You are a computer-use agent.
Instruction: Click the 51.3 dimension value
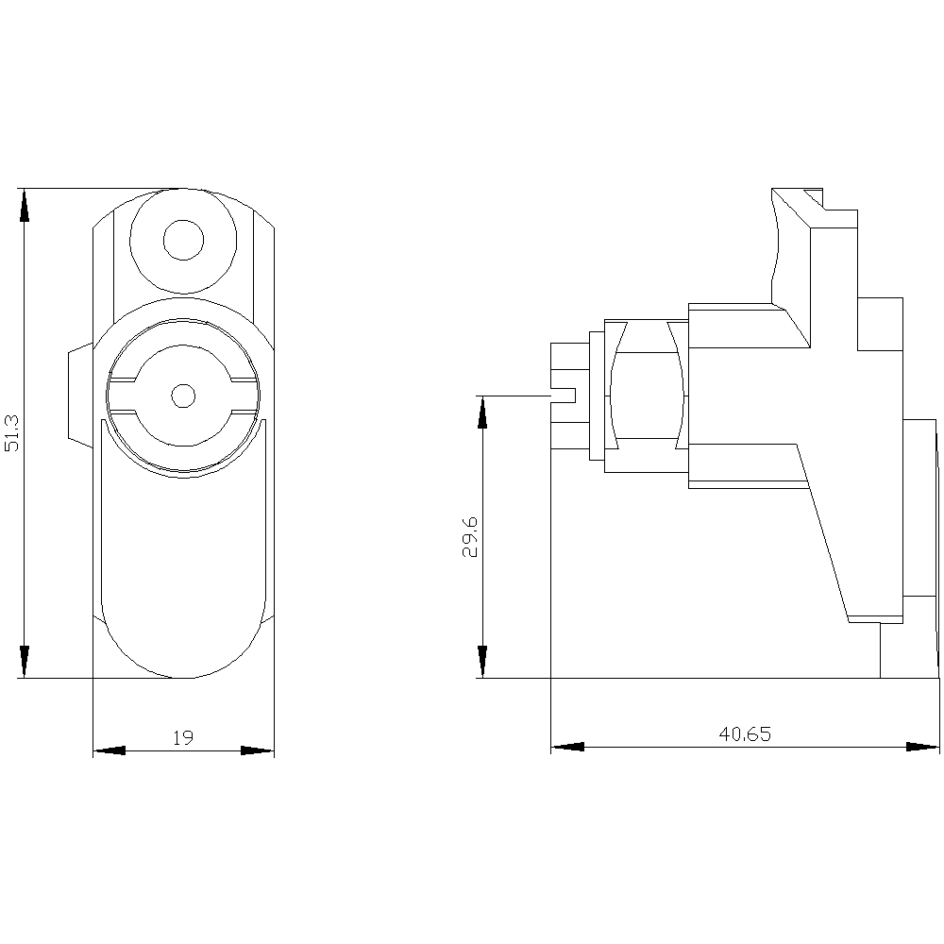(x=12, y=432)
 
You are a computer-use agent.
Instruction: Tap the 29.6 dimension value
(x=469, y=536)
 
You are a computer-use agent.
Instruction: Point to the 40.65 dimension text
(x=745, y=733)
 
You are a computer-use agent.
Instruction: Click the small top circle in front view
(x=184, y=240)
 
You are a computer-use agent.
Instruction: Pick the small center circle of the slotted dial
(x=184, y=396)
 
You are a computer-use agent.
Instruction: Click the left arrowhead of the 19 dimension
(x=109, y=750)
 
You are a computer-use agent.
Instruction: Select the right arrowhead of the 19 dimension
(x=258, y=750)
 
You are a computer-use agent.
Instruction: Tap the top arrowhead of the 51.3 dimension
(x=25, y=205)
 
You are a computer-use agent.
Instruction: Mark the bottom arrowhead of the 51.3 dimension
(x=25, y=662)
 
